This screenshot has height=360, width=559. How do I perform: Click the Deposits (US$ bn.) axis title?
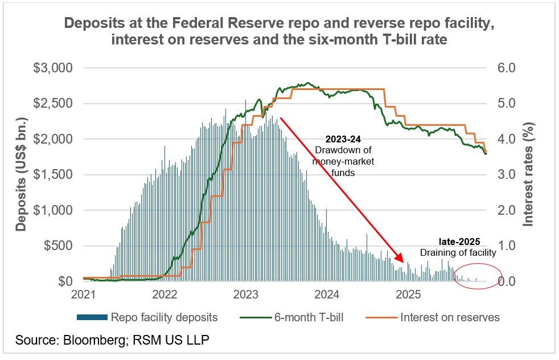[22, 175]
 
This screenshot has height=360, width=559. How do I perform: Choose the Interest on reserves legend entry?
[450, 317]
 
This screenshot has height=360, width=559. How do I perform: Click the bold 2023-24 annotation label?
[343, 139]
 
